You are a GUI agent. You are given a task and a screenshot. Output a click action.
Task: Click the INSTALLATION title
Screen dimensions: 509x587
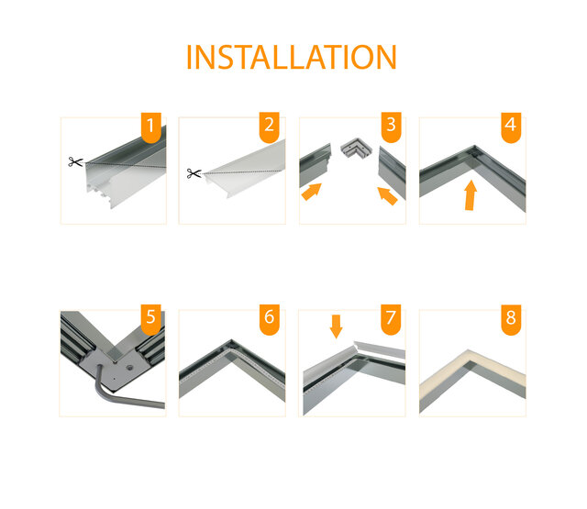click(x=292, y=56)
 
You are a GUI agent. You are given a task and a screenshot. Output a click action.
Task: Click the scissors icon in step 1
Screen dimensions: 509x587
click(x=74, y=162)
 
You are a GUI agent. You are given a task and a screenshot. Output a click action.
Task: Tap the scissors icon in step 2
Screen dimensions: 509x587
click(x=194, y=172)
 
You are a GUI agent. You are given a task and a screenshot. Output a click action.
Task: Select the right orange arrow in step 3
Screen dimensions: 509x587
click(x=387, y=194)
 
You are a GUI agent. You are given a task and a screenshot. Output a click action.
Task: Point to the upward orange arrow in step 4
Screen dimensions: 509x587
click(x=470, y=195)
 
